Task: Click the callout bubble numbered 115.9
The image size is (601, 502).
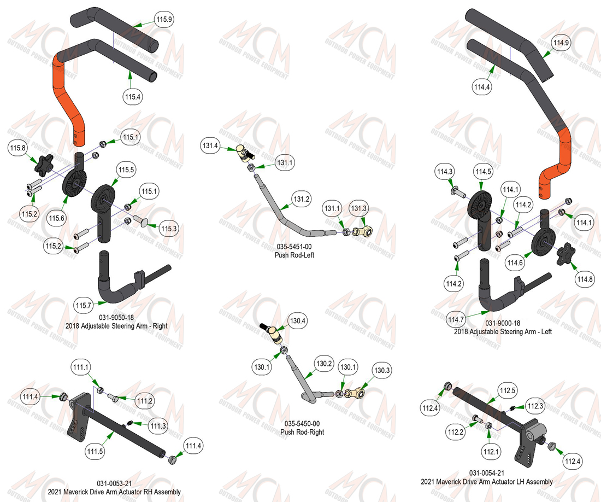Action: tap(164, 19)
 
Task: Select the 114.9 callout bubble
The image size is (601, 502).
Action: tap(561, 43)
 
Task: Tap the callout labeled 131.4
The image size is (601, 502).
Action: tap(210, 145)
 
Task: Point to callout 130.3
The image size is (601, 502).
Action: tap(382, 370)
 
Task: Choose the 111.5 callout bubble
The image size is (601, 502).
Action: tap(95, 451)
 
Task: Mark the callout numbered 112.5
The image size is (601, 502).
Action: tap(508, 391)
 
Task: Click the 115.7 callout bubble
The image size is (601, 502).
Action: tap(83, 306)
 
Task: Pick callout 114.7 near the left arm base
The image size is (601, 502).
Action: tap(456, 319)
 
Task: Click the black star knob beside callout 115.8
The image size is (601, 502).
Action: tap(43, 165)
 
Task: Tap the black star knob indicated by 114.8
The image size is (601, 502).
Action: tap(564, 255)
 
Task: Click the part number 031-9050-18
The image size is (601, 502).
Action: tap(116, 318)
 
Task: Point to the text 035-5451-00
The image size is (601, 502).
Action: tap(294, 247)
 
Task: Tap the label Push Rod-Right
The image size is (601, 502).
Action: tap(303, 432)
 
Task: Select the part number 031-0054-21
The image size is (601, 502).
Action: tap(487, 473)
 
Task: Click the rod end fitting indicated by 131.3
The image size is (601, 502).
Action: tap(363, 231)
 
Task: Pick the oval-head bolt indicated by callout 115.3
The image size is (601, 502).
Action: tap(140, 221)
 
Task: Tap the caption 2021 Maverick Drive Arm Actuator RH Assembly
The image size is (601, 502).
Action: tap(114, 492)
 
